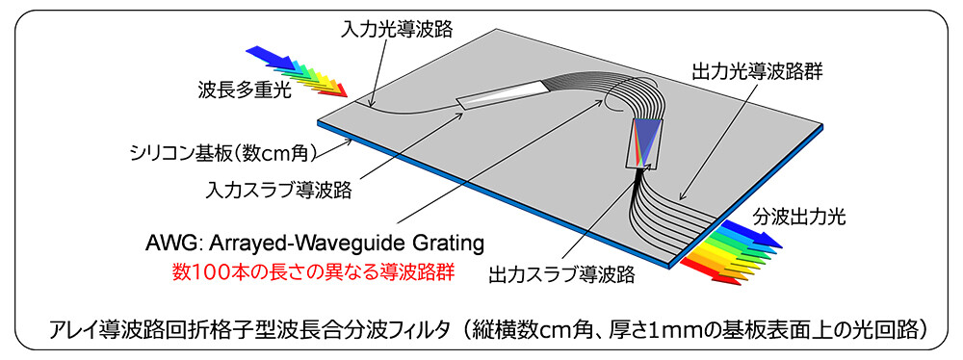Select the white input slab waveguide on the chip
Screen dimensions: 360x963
click(x=501, y=93)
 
